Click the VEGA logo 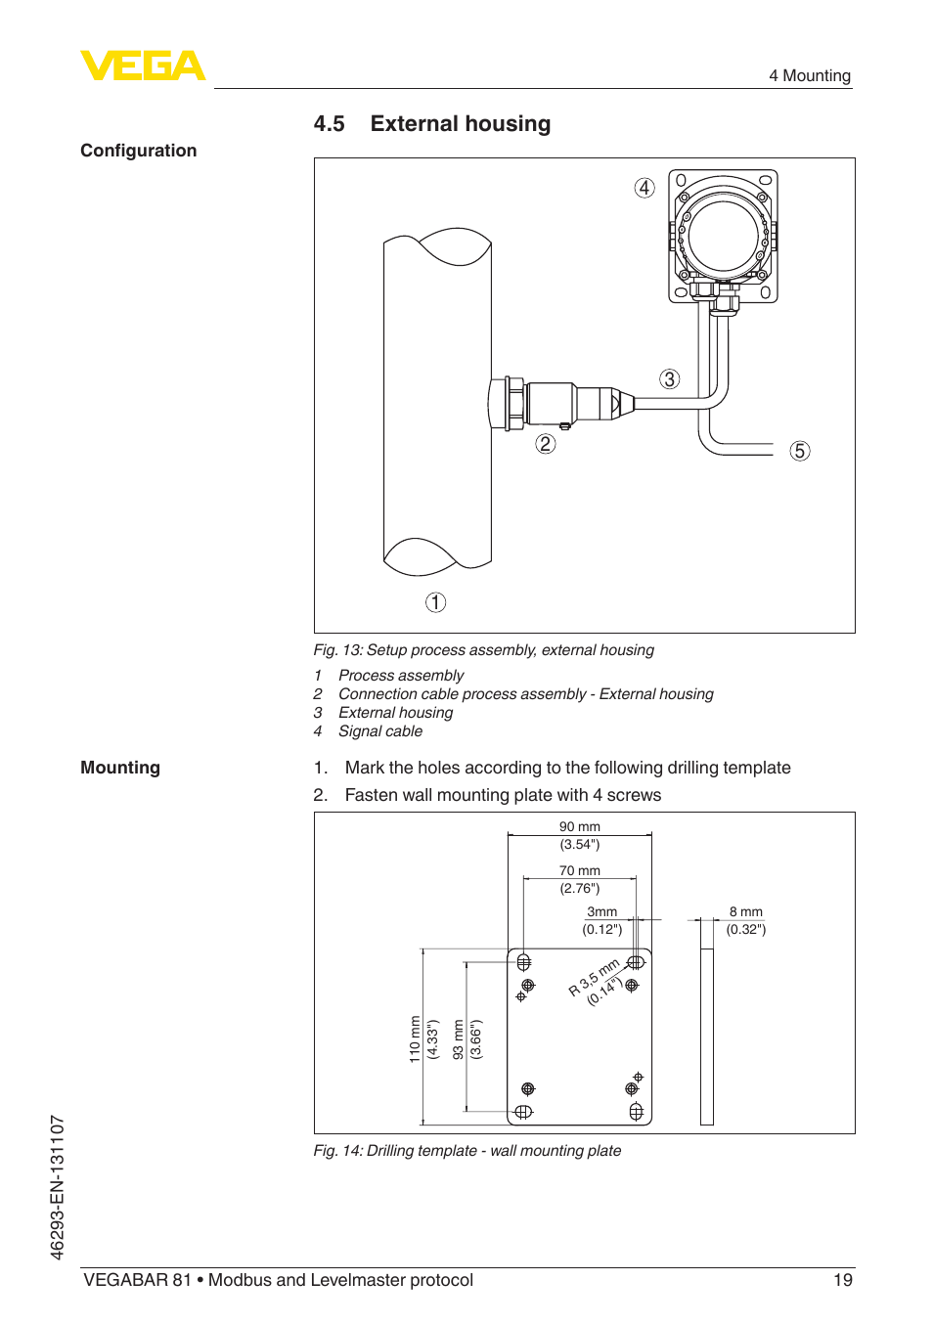click(143, 66)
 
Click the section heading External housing click(460, 124)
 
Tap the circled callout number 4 click(644, 188)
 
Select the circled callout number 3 click(669, 379)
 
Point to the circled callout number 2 click(546, 444)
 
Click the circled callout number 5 click(800, 451)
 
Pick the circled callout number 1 click(435, 602)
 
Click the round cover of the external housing click(723, 236)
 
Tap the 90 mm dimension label click(580, 827)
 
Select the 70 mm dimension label click(580, 871)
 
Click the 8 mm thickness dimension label click(745, 912)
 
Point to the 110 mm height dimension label click(416, 1038)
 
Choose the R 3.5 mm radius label click(594, 978)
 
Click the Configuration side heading click(139, 151)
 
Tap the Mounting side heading click(120, 768)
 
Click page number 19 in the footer click(842, 1280)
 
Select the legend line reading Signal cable click(379, 731)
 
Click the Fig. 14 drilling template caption click(467, 1151)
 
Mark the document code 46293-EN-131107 click(58, 1187)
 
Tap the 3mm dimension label click(601, 912)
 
